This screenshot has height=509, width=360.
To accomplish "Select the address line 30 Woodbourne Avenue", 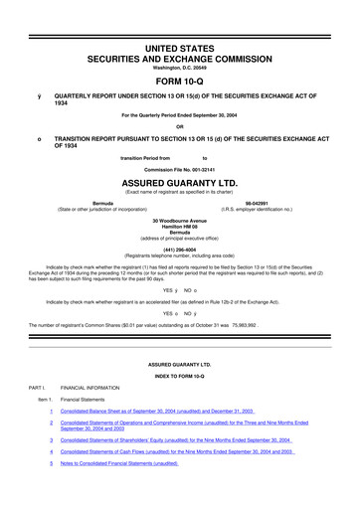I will pos(179,222).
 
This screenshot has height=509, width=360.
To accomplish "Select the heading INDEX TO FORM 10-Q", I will pos(179,371).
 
